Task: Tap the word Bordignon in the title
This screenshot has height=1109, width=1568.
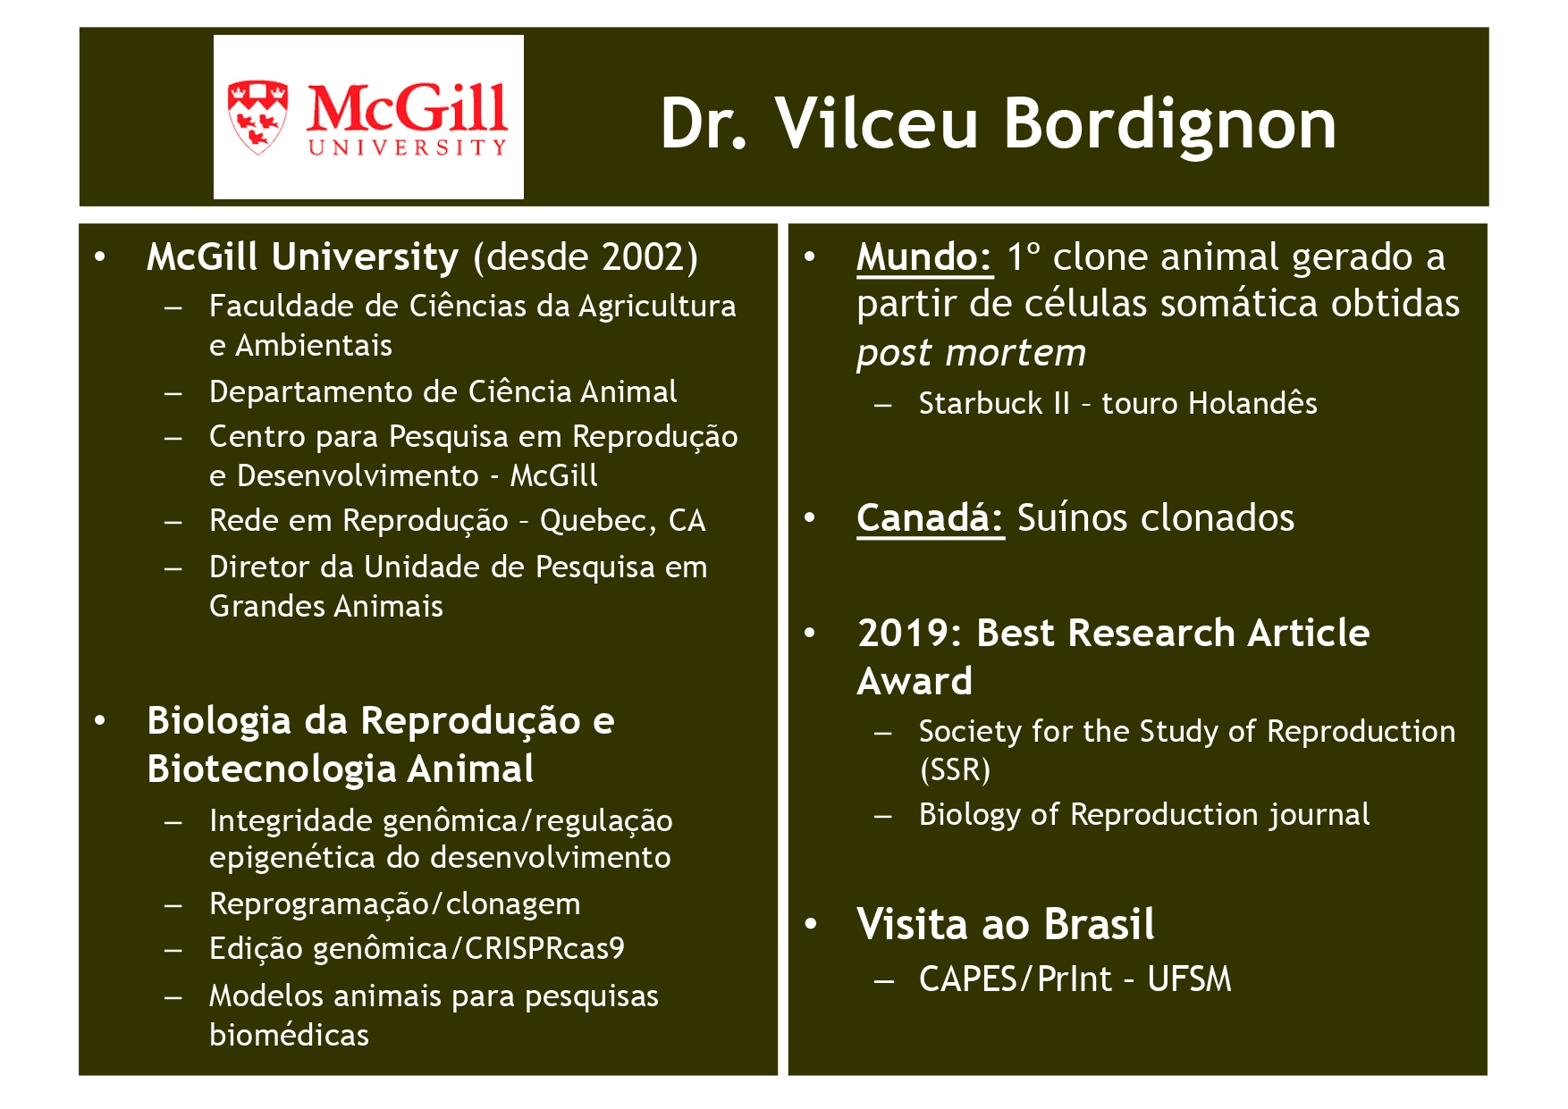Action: (1170, 123)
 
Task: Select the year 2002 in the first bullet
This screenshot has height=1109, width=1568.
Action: (642, 257)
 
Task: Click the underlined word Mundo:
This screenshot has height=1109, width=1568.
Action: (924, 257)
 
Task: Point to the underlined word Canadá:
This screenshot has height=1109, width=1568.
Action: (930, 518)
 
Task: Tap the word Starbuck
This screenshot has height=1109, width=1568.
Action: (981, 404)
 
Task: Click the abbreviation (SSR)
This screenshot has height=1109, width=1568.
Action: (955, 769)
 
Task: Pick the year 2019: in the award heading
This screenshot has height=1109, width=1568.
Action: (909, 634)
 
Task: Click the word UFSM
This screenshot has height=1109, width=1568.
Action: (1189, 979)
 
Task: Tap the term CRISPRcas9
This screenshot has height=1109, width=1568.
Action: (544, 948)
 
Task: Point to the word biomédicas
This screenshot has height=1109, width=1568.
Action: (289, 1035)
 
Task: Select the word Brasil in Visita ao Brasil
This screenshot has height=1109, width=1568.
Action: (1100, 924)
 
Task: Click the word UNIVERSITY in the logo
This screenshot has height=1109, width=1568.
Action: (408, 147)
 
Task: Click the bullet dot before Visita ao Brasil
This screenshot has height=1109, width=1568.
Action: (811, 924)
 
